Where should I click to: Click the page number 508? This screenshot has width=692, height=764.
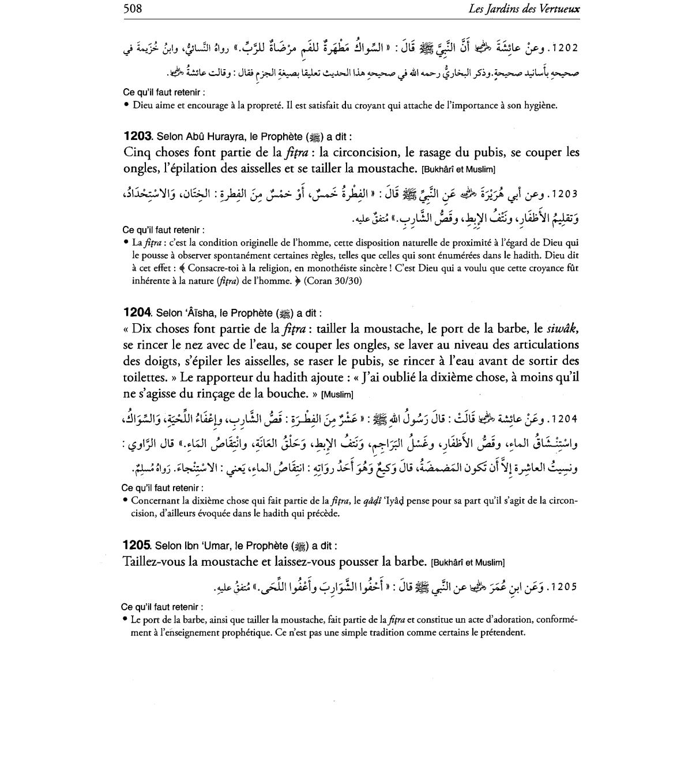[133, 9]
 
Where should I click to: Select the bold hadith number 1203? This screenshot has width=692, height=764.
[137, 137]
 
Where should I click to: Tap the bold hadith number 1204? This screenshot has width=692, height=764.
[137, 313]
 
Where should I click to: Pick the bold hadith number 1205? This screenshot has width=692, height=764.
[137, 545]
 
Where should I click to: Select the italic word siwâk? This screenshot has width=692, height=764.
[562, 329]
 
